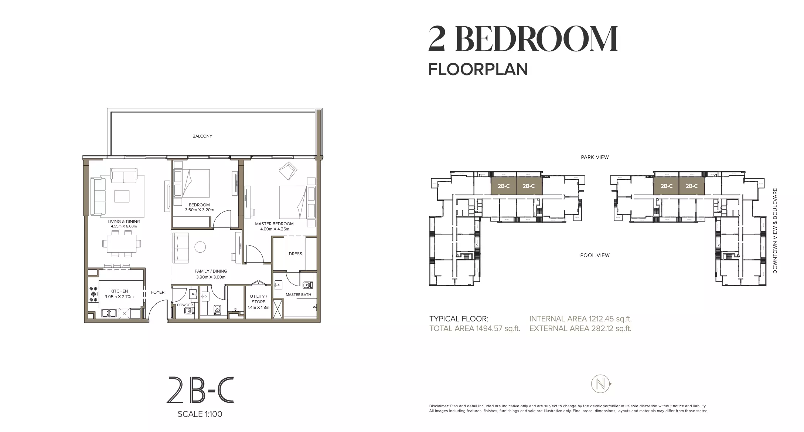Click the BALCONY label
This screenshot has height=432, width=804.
point(202,136)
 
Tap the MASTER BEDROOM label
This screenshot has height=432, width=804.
point(274,224)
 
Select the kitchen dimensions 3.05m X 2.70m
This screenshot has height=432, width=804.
point(119,297)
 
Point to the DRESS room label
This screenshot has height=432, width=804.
point(295,254)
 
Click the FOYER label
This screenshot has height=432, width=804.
point(157,292)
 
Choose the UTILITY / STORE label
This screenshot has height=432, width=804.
point(258,299)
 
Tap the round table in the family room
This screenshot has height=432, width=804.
point(200,247)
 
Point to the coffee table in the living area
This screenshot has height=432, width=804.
point(122,196)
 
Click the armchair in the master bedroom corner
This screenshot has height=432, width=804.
point(288,170)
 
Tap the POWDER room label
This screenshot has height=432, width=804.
point(185,305)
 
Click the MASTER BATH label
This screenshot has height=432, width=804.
point(298,295)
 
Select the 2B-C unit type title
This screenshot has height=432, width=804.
point(201,390)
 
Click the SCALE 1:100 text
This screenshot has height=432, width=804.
point(200,414)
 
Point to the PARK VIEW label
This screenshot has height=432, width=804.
point(595,157)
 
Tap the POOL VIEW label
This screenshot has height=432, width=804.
point(595,255)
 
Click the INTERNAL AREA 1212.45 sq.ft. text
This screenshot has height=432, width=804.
point(580,319)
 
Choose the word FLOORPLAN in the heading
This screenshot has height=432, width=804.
point(478,70)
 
